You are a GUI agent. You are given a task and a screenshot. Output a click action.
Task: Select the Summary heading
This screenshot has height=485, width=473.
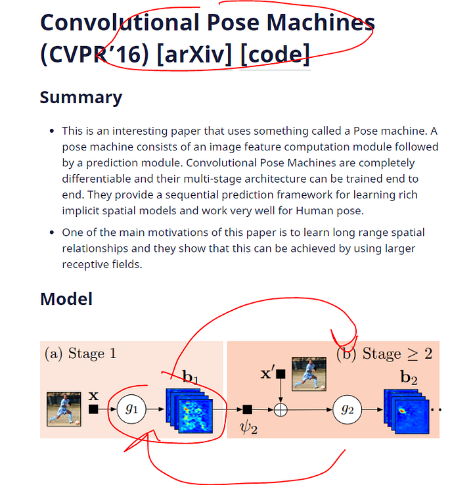[81, 97]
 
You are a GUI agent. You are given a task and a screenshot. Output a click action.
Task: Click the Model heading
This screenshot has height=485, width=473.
[66, 299]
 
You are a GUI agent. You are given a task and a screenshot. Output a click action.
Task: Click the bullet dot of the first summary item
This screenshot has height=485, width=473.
[52, 131]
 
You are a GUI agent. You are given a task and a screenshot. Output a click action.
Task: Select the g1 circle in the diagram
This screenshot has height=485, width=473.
[131, 408]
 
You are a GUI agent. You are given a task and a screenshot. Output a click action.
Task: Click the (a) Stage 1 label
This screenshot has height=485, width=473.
[80, 354]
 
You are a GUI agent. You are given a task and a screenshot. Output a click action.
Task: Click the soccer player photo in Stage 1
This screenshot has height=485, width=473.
[64, 409]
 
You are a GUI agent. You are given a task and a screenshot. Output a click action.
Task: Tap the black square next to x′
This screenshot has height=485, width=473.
[281, 374]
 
